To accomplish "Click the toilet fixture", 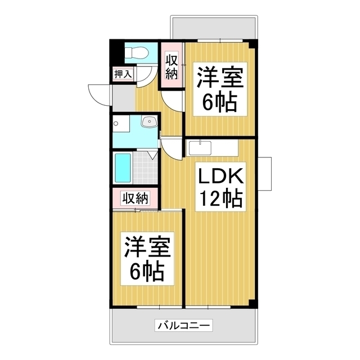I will pyautogui.click(x=136, y=53).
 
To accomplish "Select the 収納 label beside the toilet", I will pyautogui.click(x=172, y=66).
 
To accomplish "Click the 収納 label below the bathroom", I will pyautogui.click(x=135, y=198).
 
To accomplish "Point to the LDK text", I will pyautogui.click(x=219, y=178).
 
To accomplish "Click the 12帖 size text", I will pyautogui.click(x=219, y=199).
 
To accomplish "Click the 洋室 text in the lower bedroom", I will pyautogui.click(x=147, y=248).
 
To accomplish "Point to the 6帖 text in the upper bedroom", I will pyautogui.click(x=219, y=102).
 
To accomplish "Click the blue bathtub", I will pyautogui.click(x=123, y=166).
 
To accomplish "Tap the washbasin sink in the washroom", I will pyautogui.click(x=148, y=122).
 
